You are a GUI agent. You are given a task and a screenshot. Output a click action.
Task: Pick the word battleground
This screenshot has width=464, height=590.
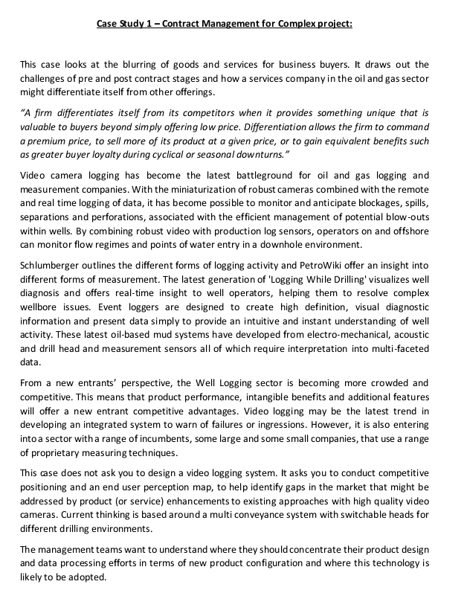coord(242,176)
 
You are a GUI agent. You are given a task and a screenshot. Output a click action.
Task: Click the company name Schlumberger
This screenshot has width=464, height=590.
coord(52,265)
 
